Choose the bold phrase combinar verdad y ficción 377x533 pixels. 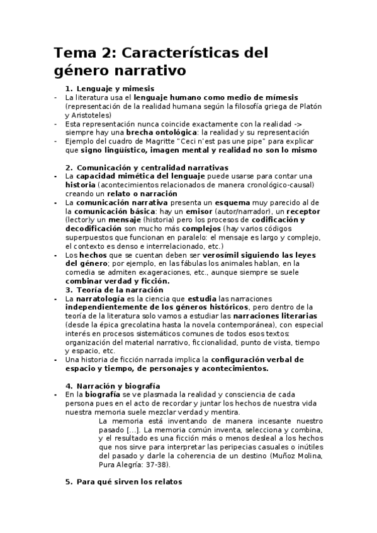click(x=114, y=282)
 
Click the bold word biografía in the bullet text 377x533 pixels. click(x=98, y=393)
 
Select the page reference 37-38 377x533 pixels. click(x=157, y=464)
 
